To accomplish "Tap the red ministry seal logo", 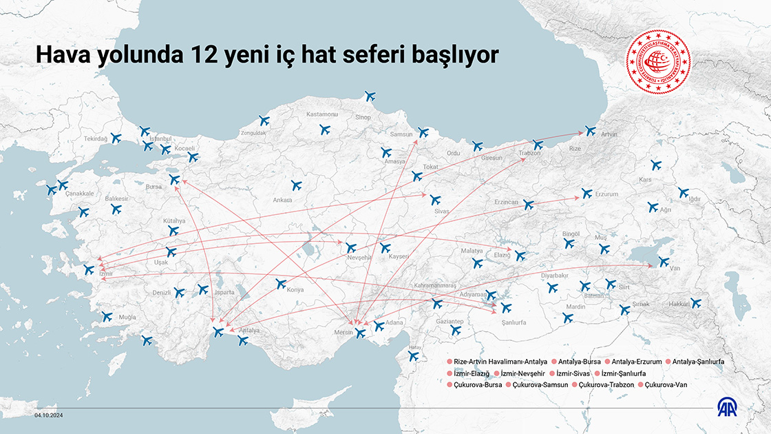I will pyautogui.click(x=657, y=61).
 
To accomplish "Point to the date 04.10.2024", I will pyautogui.click(x=49, y=415).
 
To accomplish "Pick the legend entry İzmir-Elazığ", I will pyautogui.click(x=471, y=373).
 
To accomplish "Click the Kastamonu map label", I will pyautogui.click(x=321, y=114).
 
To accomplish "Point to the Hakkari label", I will pyautogui.click(x=679, y=304).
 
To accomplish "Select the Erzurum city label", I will pyautogui.click(x=606, y=194).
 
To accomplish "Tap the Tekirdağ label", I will pyautogui.click(x=96, y=138).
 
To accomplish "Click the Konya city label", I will pyautogui.click(x=295, y=290).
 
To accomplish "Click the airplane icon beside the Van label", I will pyautogui.click(x=663, y=262).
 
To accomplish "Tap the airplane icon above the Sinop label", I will pyautogui.click(x=370, y=96).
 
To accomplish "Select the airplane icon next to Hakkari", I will pyautogui.click(x=696, y=302).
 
